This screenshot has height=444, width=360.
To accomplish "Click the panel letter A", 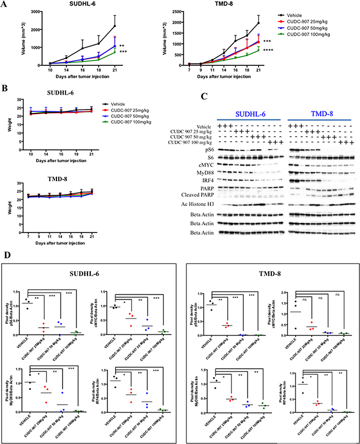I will [5, 4].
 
